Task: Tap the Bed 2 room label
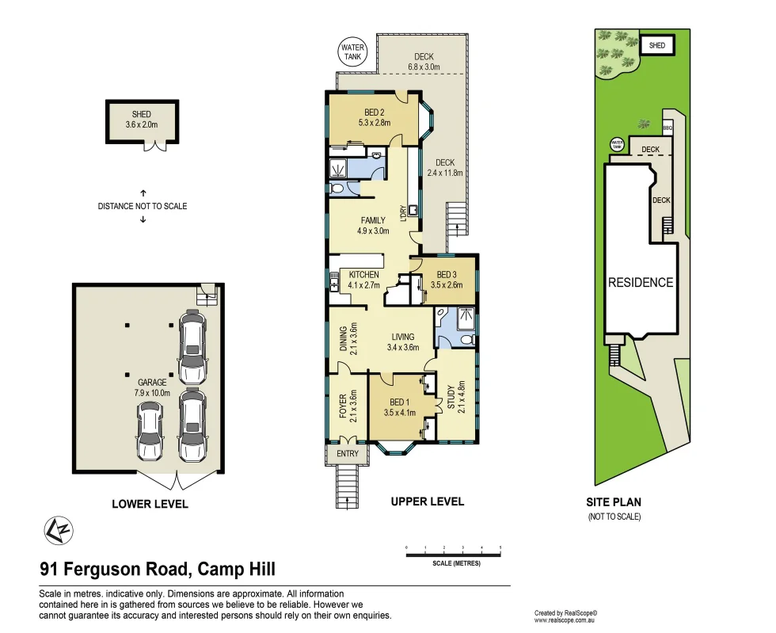pyautogui.click(x=374, y=112)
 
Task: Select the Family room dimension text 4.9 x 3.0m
pyautogui.click(x=373, y=231)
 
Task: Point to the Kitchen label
pyautogui.click(x=363, y=274)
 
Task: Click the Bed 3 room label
pyautogui.click(x=447, y=274)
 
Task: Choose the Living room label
pyautogui.click(x=403, y=337)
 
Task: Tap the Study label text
pyautogui.click(x=451, y=397)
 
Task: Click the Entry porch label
pyautogui.click(x=348, y=453)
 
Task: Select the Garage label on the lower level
pyautogui.click(x=152, y=383)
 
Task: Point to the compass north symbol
pyautogui.click(x=59, y=531)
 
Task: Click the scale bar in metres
pyautogui.click(x=453, y=555)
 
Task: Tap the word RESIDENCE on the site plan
pyautogui.click(x=641, y=282)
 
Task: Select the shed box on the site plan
pyautogui.click(x=656, y=45)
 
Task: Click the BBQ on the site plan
pyautogui.click(x=668, y=128)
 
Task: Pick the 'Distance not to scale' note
pyautogui.click(x=143, y=206)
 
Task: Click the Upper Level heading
pyautogui.click(x=428, y=501)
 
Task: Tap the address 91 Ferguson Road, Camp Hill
pyautogui.click(x=158, y=569)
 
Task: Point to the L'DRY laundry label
pyautogui.click(x=403, y=213)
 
